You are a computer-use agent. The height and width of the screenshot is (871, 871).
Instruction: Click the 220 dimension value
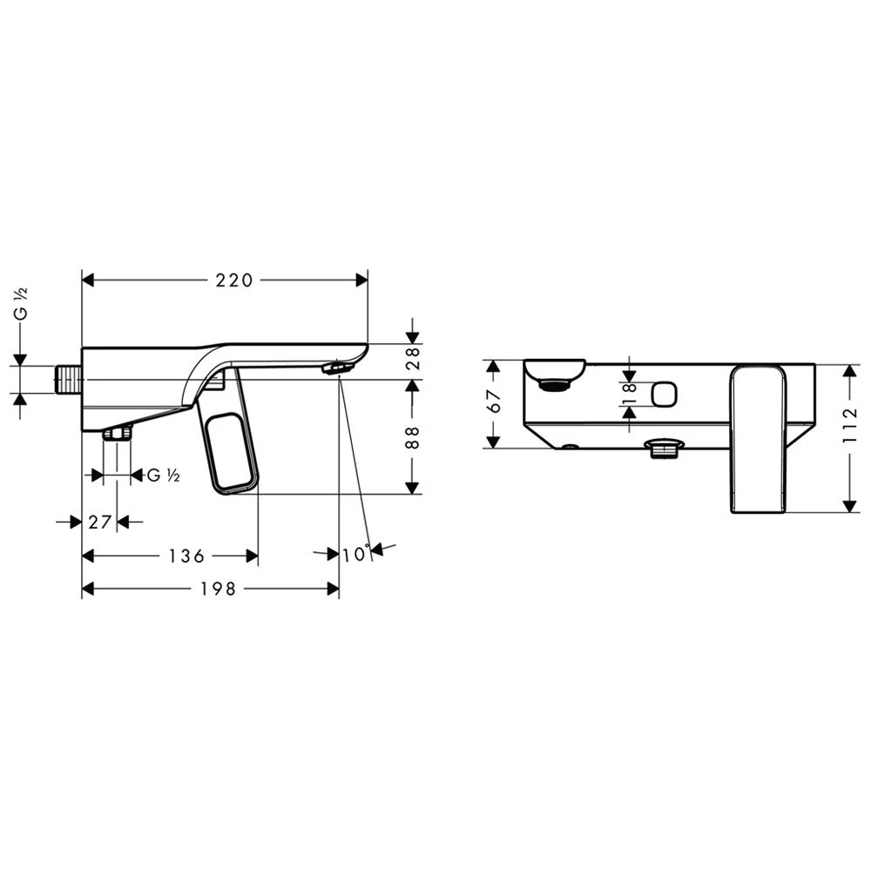pos(233,280)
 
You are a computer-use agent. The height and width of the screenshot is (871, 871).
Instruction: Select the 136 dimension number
pos(186,556)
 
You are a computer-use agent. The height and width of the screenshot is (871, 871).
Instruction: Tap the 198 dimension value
pos(219,589)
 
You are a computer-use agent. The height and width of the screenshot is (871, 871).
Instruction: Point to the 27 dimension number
pos(100,522)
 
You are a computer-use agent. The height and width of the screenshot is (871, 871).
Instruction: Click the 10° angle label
pos(355,554)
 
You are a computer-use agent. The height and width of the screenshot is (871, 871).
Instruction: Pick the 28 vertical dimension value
pos(413,358)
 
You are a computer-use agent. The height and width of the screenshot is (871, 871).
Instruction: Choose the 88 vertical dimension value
pos(413,437)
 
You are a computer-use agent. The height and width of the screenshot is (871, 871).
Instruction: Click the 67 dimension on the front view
pos(494,401)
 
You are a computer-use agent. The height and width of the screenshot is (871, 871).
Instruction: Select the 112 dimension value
pos(850,426)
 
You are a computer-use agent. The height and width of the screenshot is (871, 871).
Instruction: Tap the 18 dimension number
pos(630,394)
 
